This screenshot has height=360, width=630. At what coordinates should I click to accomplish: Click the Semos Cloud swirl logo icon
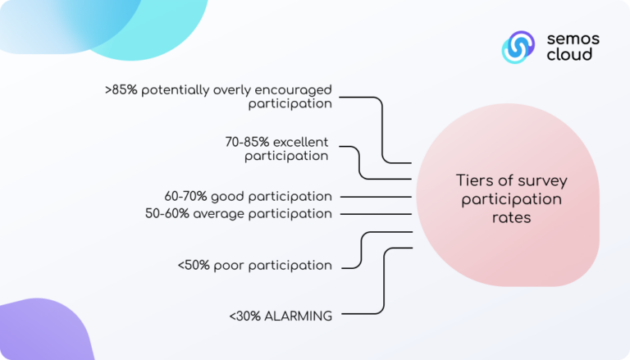[518, 47]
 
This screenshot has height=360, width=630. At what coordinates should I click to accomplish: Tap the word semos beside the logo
[573, 39]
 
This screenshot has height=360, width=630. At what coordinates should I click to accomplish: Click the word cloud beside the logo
[569, 54]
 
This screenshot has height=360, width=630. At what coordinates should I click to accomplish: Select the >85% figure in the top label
[121, 89]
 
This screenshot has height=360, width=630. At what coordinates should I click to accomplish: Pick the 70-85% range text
[247, 142]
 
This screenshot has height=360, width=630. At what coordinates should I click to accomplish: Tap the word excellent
[300, 142]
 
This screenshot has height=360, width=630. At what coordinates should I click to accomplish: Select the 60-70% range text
[185, 197]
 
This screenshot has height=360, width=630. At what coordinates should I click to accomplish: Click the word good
[228, 197]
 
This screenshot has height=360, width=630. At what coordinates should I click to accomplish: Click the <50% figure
[194, 265]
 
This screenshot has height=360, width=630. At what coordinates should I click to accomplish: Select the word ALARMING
[298, 317]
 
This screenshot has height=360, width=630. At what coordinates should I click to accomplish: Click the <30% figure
[245, 317]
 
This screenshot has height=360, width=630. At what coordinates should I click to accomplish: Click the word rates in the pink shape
[512, 218]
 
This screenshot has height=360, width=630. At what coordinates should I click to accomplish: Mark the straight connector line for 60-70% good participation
[376, 197]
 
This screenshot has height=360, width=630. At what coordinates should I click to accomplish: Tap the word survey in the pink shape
[542, 181]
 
